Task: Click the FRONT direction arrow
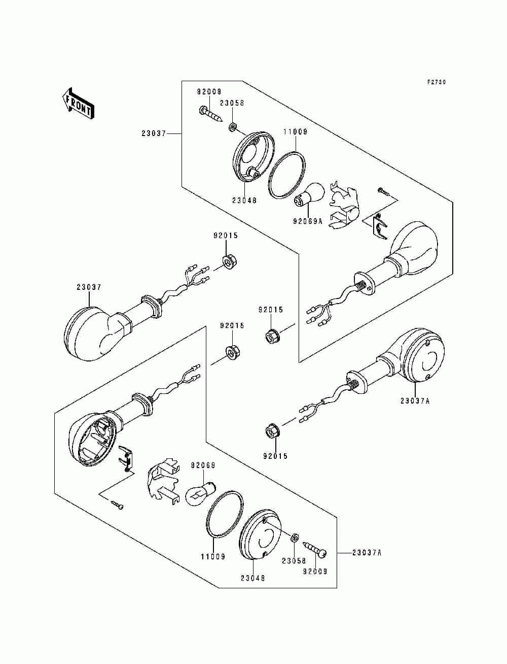click(78, 104)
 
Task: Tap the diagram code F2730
click(437, 82)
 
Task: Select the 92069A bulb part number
click(308, 221)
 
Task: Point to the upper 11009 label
click(295, 131)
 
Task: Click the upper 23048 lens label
click(244, 200)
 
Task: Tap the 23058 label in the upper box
click(232, 103)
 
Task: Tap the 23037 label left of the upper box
click(154, 133)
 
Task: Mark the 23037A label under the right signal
click(415, 401)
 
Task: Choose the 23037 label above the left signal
click(89, 287)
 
